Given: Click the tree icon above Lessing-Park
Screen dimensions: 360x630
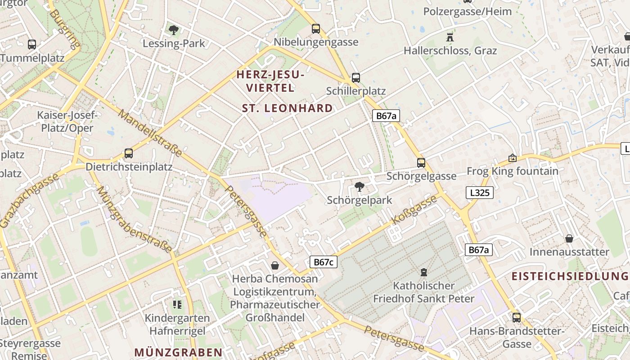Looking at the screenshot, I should pyautogui.click(x=173, y=30).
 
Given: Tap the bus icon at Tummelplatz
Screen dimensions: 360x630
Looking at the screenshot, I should pyautogui.click(x=31, y=45).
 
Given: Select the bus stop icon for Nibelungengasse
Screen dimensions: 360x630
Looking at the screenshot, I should pyautogui.click(x=316, y=29).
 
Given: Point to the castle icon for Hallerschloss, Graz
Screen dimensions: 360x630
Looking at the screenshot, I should pyautogui.click(x=450, y=37).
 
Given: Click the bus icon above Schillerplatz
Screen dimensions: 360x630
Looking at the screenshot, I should pyautogui.click(x=356, y=77).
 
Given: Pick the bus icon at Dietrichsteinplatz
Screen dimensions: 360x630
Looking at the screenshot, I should pyautogui.click(x=129, y=153).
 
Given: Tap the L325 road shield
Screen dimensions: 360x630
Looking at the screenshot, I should pyautogui.click(x=479, y=193).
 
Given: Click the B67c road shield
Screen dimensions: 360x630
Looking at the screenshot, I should pyautogui.click(x=323, y=262).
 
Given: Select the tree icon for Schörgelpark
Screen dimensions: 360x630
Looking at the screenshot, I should pyautogui.click(x=360, y=187).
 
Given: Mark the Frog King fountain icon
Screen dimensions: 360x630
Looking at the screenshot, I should pyautogui.click(x=512, y=158).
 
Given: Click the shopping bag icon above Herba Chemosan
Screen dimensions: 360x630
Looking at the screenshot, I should pyautogui.click(x=274, y=265).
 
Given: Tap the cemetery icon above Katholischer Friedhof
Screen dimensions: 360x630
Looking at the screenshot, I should pyautogui.click(x=423, y=272).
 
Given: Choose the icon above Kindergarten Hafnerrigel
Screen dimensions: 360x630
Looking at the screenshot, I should pyautogui.click(x=177, y=305).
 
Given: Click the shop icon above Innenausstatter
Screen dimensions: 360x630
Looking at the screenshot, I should pyautogui.click(x=569, y=238).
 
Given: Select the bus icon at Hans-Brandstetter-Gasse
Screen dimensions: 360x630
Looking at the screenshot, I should pyautogui.click(x=516, y=318).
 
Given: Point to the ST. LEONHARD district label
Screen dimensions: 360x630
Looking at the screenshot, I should pyautogui.click(x=288, y=108).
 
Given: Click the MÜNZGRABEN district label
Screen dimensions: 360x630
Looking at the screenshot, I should pyautogui.click(x=178, y=352).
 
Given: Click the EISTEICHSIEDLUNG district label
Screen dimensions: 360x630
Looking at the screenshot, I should pyautogui.click(x=570, y=276).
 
